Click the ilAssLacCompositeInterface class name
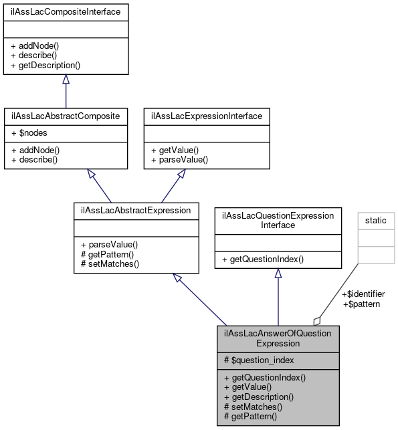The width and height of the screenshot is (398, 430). coord(66,11)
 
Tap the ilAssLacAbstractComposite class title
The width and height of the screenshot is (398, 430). coord(66,116)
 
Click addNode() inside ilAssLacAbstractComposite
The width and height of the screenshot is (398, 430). coord(36,150)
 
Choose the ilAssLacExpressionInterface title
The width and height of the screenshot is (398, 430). coord(207,116)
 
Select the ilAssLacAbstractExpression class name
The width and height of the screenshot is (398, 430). coord(136,210)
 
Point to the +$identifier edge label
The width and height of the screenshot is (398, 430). coord(363,294)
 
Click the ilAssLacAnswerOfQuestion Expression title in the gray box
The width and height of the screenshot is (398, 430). coord(278,338)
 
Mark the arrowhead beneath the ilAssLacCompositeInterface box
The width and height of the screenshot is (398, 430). coord(66,80)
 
